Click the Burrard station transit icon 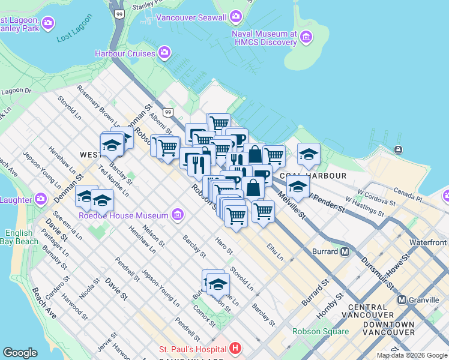point(345,252)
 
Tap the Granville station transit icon point(401,299)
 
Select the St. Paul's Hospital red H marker point(235,348)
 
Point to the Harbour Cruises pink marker point(165,53)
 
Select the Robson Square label point(320,331)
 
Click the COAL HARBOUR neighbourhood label point(322,176)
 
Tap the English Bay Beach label point(22,237)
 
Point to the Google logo point(20,353)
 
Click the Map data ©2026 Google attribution point(412,355)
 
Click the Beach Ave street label point(44,302)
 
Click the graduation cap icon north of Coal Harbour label point(309,155)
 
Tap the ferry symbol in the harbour point(398,149)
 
